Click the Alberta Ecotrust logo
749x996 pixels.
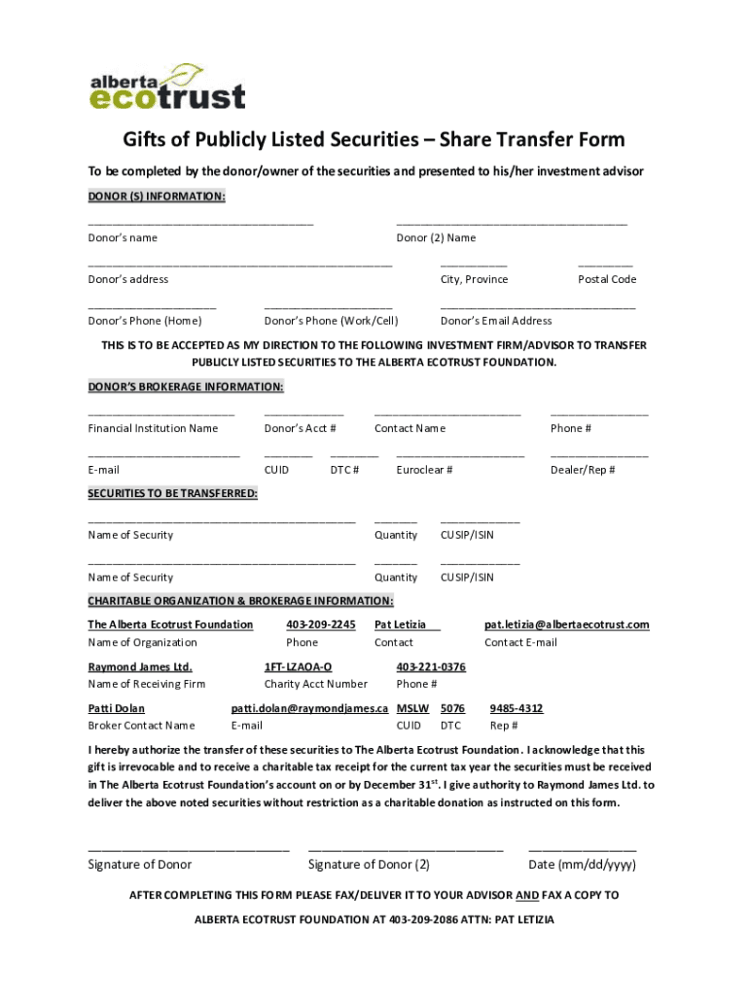click(167, 87)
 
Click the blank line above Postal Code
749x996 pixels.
click(604, 265)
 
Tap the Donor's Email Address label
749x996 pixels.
click(496, 321)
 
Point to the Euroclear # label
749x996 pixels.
click(424, 471)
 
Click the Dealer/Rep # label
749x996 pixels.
click(583, 471)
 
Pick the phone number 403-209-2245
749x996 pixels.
click(321, 624)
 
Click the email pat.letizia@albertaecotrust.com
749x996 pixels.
click(567, 624)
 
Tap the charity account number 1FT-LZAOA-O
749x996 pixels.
click(298, 667)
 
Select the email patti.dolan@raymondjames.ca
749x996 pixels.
click(309, 709)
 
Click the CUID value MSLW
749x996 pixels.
click(413, 709)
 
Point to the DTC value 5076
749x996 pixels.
click(452, 709)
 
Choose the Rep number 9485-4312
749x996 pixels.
click(517, 709)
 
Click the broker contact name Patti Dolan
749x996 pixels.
click(116, 709)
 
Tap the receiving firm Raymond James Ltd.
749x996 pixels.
click(140, 667)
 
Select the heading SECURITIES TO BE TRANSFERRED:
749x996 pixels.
click(173, 494)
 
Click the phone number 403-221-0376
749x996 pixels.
click(431, 667)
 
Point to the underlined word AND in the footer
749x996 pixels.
click(527, 896)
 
